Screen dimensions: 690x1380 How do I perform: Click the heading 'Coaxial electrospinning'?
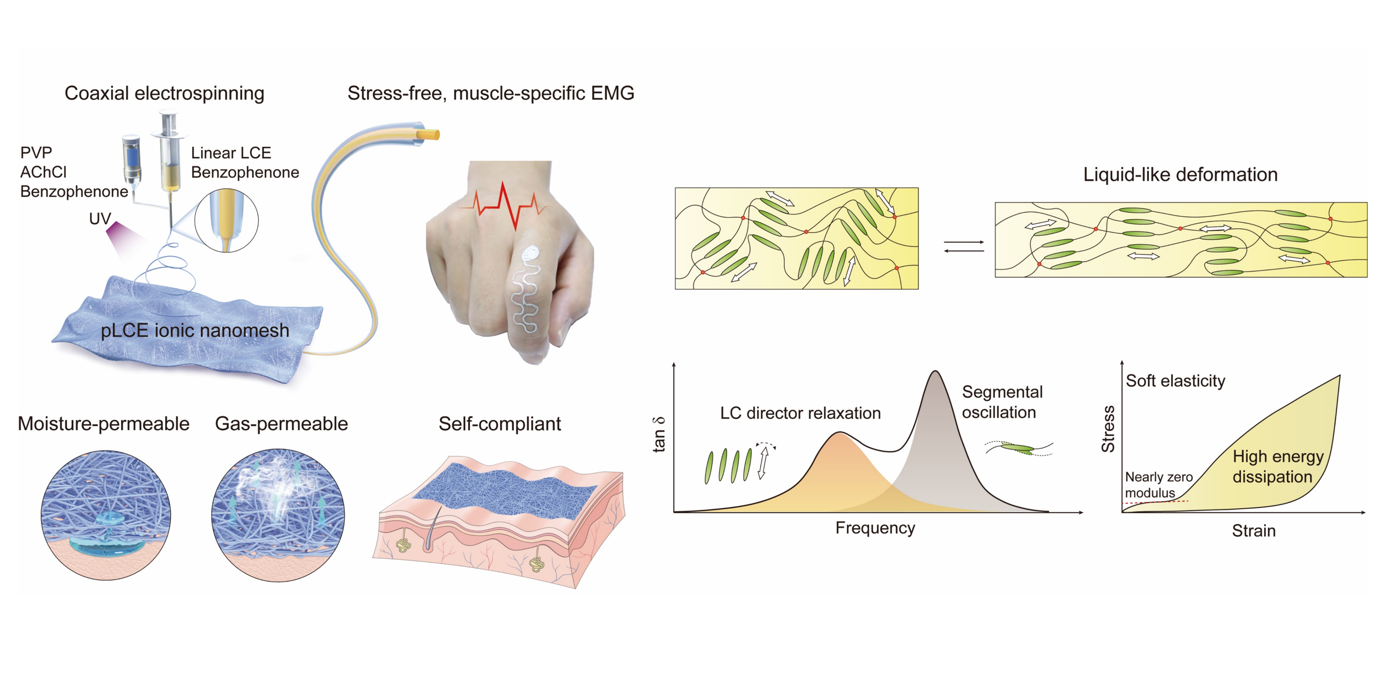(x=164, y=93)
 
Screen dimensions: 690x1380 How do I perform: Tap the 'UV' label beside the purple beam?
(x=100, y=218)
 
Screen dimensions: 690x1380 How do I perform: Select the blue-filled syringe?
(x=131, y=158)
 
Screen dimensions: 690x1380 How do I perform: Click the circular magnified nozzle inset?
(x=226, y=220)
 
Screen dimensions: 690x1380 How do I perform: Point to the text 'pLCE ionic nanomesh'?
(x=195, y=330)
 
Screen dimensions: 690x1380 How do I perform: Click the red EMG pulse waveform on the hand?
(x=506, y=206)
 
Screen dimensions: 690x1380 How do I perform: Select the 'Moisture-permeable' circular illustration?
(x=106, y=515)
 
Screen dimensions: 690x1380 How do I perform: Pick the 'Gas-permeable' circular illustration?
(x=278, y=515)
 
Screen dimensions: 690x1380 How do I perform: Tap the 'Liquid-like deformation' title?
(x=1180, y=175)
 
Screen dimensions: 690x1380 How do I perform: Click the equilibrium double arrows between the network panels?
(x=964, y=246)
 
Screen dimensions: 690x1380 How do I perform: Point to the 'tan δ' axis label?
(x=660, y=435)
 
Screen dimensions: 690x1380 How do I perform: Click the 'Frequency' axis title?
(x=875, y=528)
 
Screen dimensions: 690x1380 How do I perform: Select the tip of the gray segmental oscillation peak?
(x=935, y=372)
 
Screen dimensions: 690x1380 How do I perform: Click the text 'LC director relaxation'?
(x=800, y=413)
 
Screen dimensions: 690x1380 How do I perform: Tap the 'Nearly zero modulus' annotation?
(x=1158, y=484)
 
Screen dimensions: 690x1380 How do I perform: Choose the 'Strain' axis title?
(x=1253, y=531)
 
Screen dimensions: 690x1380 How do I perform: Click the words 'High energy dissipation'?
(x=1277, y=466)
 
